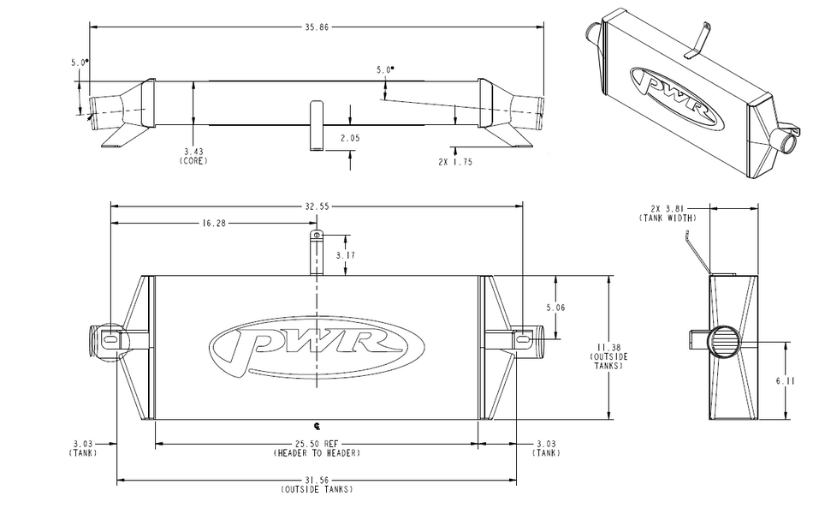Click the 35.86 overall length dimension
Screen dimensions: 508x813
point(315,27)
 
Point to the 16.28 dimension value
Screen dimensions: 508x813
point(213,223)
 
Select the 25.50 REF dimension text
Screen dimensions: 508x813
point(317,444)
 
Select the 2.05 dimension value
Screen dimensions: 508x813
point(349,138)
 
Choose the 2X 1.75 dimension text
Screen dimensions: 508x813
point(455,161)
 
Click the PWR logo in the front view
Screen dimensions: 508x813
point(317,346)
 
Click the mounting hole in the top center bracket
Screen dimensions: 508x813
point(317,235)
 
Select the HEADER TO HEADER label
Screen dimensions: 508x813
point(317,452)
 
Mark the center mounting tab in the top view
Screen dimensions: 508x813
point(316,125)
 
